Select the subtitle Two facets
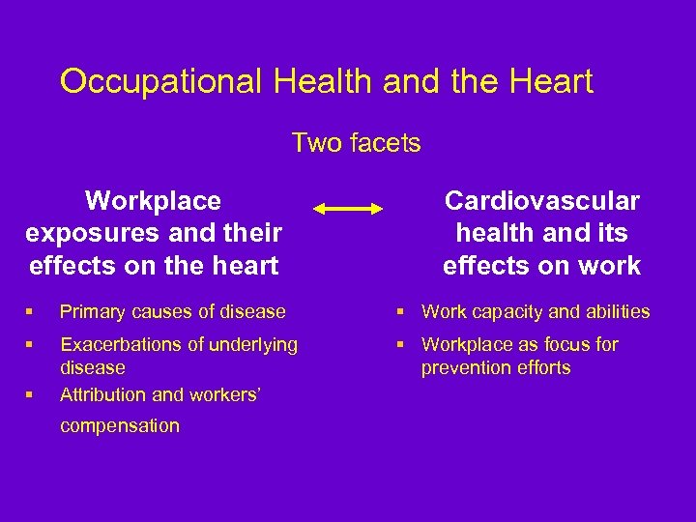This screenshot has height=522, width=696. pos(356,144)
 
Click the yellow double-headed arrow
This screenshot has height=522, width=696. pos(348,209)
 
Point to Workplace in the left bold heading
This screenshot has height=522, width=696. pos(153,200)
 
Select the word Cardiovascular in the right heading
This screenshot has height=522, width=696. pos(541,200)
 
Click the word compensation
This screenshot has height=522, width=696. pos(119,425)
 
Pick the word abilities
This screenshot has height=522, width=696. pos(615,311)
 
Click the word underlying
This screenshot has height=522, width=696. pos(254,344)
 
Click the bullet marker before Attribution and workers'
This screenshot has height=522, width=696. pos(31,394)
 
